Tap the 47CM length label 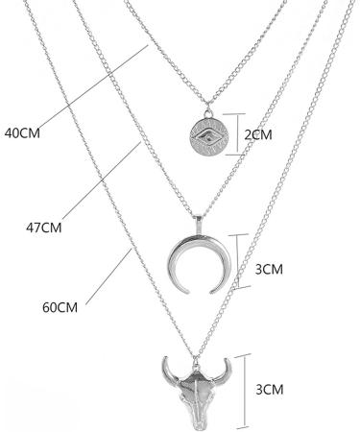click(43, 228)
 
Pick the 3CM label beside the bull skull click(272, 390)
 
